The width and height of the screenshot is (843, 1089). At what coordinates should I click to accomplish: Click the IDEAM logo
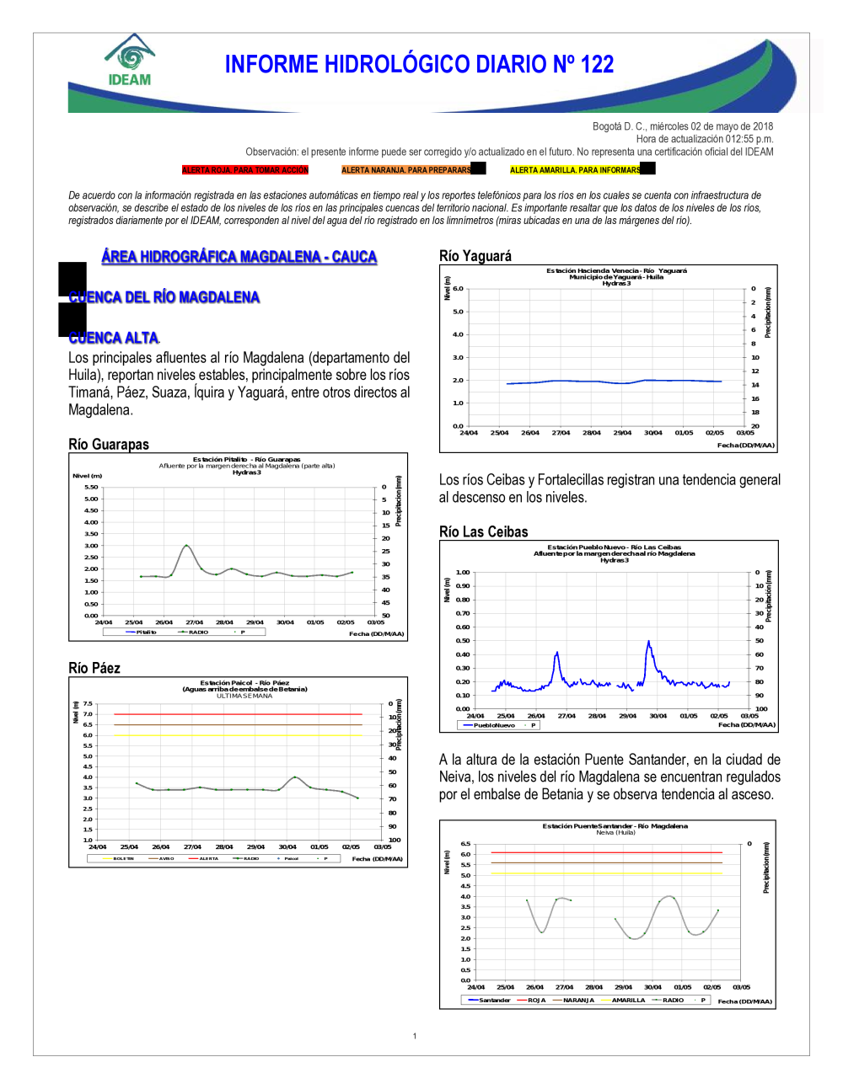130,61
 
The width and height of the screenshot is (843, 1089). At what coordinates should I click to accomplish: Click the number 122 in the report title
597,65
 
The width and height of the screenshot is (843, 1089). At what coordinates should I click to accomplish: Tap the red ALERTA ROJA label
245,170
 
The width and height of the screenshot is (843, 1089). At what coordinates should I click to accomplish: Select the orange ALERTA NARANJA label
406,170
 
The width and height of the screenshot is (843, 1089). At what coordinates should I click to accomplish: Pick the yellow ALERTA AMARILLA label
575,170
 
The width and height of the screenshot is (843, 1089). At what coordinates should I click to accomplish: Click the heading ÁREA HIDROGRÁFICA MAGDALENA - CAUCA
239,257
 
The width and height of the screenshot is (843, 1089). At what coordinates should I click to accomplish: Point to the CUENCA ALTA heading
114,338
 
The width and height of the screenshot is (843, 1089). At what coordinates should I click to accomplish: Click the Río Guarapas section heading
109,445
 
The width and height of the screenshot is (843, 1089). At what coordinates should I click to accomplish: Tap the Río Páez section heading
94,668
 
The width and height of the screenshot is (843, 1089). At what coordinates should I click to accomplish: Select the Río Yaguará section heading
475,256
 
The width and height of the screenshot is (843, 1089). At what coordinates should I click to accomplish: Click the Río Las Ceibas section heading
484,532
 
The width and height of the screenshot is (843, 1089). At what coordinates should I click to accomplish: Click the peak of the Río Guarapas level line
186,546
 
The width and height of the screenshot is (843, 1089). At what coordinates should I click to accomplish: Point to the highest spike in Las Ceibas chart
648,642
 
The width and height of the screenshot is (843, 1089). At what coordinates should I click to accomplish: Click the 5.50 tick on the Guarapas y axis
91,487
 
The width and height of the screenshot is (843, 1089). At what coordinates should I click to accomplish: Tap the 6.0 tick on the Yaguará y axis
458,288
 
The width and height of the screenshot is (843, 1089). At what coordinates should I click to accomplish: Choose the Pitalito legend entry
146,632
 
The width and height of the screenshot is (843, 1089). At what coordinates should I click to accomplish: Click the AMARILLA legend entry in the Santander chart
628,1001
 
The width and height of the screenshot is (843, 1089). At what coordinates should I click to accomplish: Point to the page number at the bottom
415,1036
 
